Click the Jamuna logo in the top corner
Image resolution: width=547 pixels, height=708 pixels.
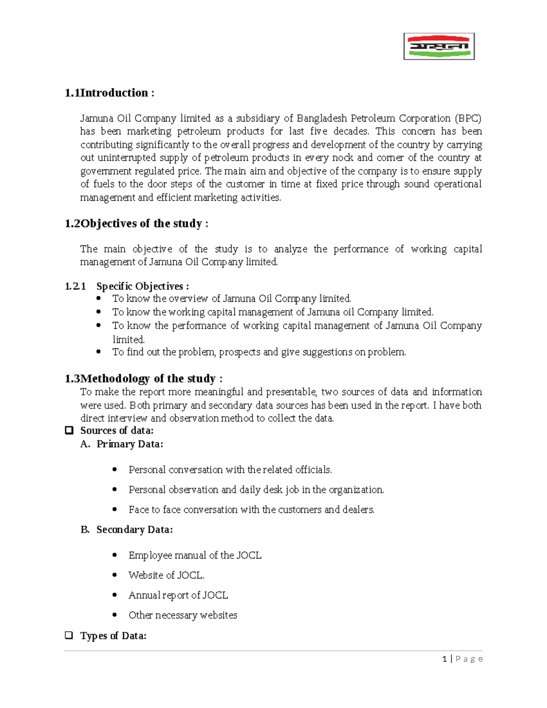click(439, 47)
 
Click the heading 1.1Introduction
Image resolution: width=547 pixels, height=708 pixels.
click(109, 93)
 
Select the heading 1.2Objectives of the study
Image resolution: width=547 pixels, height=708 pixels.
click(136, 223)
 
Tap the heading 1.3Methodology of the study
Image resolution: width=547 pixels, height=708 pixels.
click(144, 378)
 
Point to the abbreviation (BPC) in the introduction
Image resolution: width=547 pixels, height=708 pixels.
click(468, 119)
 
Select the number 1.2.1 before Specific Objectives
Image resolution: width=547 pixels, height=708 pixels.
click(75, 286)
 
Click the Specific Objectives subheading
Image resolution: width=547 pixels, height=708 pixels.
click(142, 286)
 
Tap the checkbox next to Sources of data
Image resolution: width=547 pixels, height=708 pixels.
click(69, 430)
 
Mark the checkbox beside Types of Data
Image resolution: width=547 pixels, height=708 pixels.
click(69, 635)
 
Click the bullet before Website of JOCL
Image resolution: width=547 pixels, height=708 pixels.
click(115, 575)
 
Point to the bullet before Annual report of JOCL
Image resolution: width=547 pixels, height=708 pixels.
click(115, 595)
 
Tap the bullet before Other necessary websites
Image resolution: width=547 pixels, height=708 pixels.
click(115, 615)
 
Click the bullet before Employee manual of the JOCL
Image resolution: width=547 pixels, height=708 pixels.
click(115, 555)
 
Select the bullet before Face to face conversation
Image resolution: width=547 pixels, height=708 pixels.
click(115, 509)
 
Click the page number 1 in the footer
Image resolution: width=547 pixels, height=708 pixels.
click(444, 659)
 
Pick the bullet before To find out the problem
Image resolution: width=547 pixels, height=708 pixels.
click(99, 351)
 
